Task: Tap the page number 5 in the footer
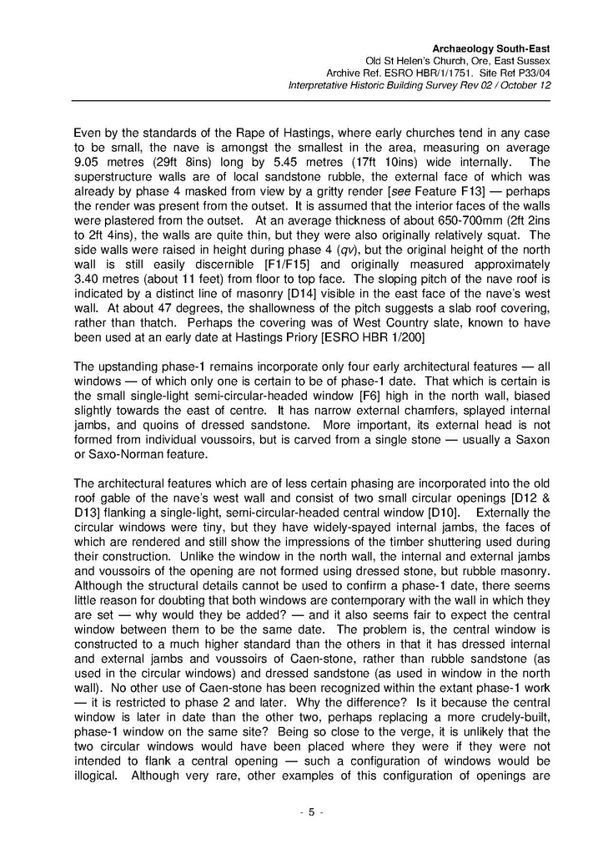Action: click(310, 812)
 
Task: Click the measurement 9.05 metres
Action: click(108, 162)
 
